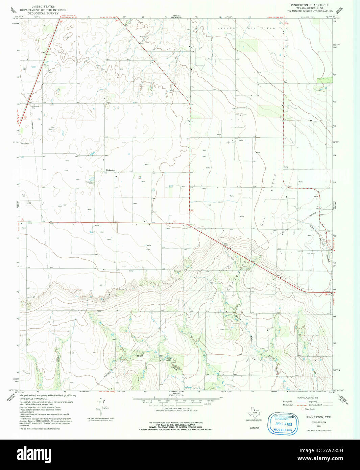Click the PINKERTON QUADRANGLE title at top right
(x=310, y=5)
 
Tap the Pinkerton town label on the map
(x=110, y=170)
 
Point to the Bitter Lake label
(x=169, y=359)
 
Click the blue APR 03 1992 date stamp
(x=284, y=423)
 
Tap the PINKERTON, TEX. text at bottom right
(x=319, y=417)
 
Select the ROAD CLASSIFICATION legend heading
(x=307, y=398)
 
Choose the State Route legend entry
(x=309, y=409)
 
